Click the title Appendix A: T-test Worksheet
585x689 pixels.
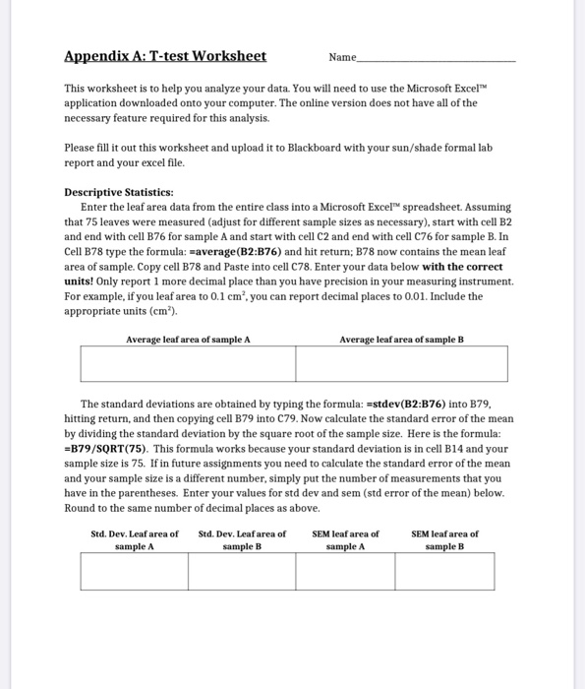coord(165,56)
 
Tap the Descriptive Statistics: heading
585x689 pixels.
coord(118,192)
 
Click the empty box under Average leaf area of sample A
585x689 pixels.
coord(188,363)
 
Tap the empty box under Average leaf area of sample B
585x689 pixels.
coord(401,363)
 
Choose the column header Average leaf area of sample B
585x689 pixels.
coord(401,339)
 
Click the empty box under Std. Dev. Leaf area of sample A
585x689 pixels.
coord(134,572)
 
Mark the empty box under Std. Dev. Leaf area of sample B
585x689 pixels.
coord(242,572)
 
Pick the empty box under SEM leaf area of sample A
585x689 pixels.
coord(345,572)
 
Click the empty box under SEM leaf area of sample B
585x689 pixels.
coord(448,572)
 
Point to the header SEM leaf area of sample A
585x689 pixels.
coord(345,539)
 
